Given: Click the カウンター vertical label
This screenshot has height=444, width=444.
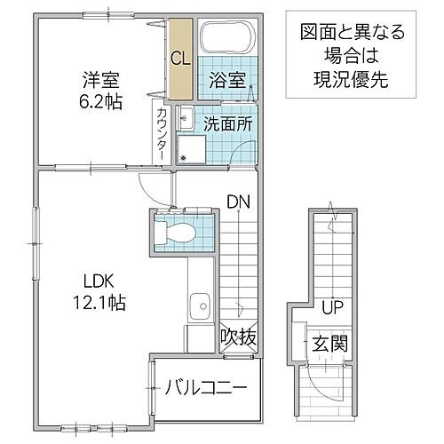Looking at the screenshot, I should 162,133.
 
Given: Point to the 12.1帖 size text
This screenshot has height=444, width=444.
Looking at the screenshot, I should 92,302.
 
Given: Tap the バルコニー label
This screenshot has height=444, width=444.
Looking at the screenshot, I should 205,387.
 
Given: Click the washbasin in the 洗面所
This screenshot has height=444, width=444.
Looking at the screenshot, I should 186,118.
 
